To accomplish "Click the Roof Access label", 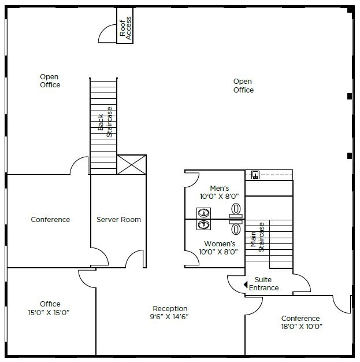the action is click(x=125, y=28).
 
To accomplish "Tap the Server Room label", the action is click(x=118, y=219).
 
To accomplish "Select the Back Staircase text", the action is click(x=105, y=122).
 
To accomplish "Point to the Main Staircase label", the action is click(x=257, y=237).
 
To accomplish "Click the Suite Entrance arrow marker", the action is click(x=246, y=285).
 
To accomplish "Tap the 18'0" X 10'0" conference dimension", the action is click(x=302, y=327).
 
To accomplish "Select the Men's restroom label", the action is click(x=219, y=189).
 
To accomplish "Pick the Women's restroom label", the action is click(x=220, y=244).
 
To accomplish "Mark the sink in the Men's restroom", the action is click(x=203, y=213).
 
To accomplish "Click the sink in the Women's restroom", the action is click(x=203, y=224).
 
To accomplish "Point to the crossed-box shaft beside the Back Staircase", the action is click(x=132, y=165).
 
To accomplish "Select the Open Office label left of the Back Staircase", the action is click(x=50, y=81).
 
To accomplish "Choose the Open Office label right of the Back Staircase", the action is click(x=243, y=86).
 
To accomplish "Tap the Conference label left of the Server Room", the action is click(x=50, y=219).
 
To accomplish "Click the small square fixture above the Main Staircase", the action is click(x=255, y=175).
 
